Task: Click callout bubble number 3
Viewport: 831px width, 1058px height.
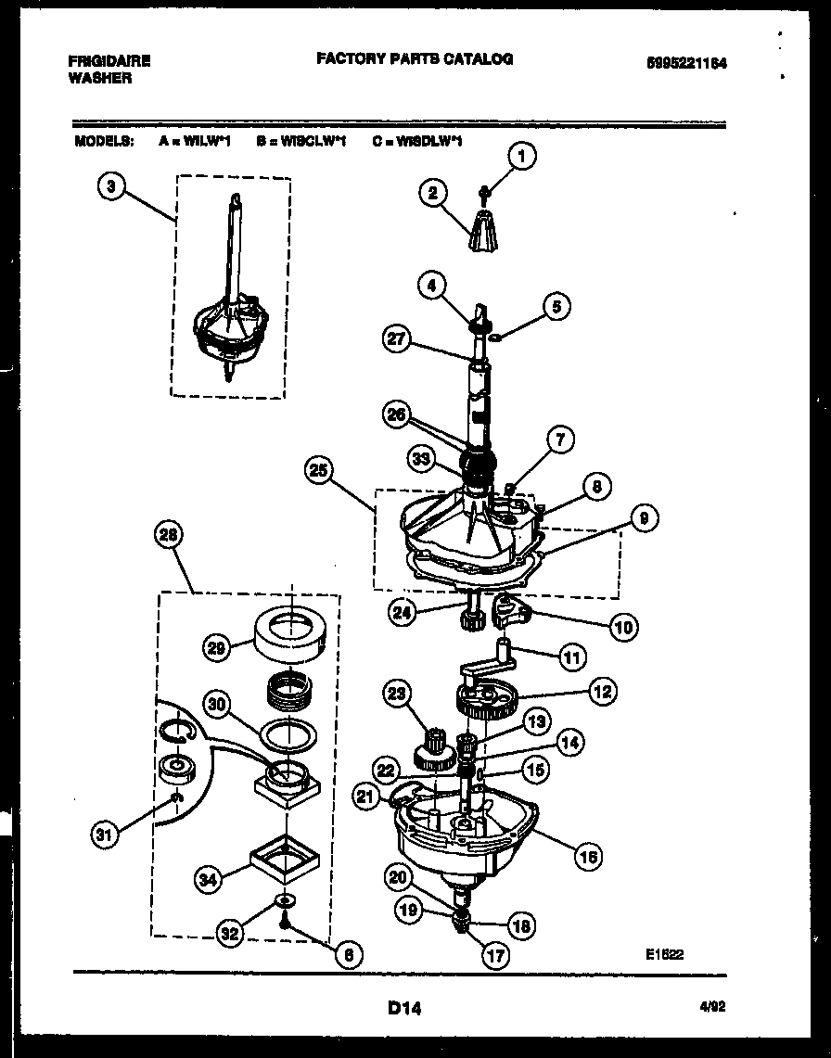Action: pyautogui.click(x=110, y=186)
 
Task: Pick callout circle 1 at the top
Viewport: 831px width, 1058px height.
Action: pyautogui.click(x=522, y=158)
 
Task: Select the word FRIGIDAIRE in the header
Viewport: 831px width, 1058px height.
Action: pyautogui.click(x=109, y=61)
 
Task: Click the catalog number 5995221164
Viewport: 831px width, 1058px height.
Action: pyautogui.click(x=686, y=62)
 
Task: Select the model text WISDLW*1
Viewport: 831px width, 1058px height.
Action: pyautogui.click(x=429, y=142)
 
